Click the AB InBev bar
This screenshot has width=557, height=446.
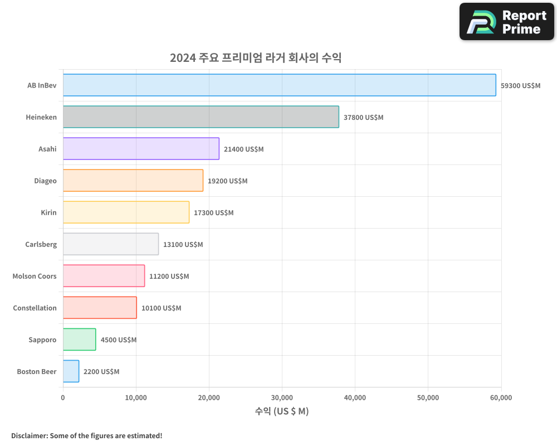[x=279, y=85]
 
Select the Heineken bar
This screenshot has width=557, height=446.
[x=201, y=117]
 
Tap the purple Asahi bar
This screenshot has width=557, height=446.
[x=141, y=149]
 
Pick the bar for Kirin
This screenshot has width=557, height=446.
[x=126, y=212]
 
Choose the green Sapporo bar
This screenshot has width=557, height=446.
[x=79, y=340]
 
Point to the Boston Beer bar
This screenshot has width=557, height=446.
[x=71, y=371]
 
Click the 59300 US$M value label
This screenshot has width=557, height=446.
[x=520, y=86]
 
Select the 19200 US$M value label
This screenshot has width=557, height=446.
[x=227, y=181]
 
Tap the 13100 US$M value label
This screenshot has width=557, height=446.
[x=183, y=245]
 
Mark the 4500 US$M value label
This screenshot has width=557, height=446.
[x=118, y=340]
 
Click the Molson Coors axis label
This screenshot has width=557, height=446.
[x=35, y=277]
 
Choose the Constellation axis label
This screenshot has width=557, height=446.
[x=35, y=308]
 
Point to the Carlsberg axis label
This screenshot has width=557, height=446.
[x=41, y=245]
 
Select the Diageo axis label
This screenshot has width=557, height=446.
[x=45, y=181]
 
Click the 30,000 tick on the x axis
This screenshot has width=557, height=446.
[x=282, y=397]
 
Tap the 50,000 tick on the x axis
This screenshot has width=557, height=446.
[x=428, y=397]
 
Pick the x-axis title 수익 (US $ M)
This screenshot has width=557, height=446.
[x=282, y=411]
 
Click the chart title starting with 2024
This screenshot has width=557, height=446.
[x=255, y=58]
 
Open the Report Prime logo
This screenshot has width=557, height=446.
[x=506, y=22]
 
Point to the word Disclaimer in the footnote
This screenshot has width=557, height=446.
[x=29, y=435]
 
